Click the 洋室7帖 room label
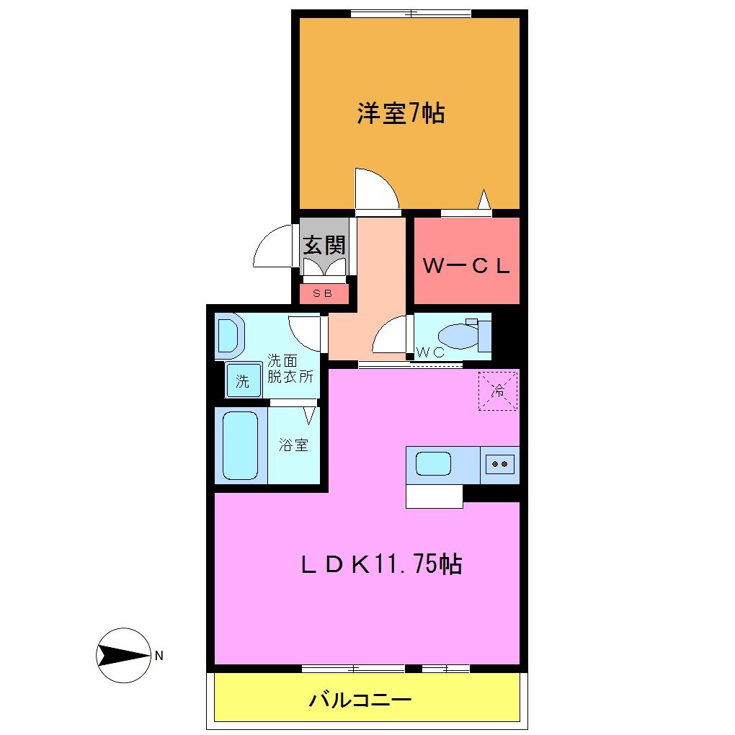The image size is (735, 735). (401, 114)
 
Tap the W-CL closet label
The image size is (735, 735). (466, 267)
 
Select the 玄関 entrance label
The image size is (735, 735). (324, 245)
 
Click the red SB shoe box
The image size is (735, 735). (323, 293)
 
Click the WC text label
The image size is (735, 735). (429, 352)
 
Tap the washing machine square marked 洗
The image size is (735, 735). (244, 381)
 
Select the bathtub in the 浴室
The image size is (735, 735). (240, 445)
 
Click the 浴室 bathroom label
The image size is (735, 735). (294, 445)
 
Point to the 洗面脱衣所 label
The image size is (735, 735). (291, 367)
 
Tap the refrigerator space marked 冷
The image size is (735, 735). (498, 391)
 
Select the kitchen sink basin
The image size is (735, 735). (434, 463)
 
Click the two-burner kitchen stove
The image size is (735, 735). (499, 464)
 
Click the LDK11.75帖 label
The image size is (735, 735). (381, 564)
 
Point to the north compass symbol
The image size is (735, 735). (122, 655)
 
